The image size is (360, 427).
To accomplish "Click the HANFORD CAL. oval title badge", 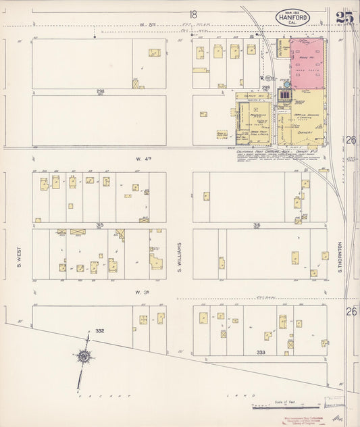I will tap(292, 18).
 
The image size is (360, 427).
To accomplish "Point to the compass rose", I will tap(84, 356).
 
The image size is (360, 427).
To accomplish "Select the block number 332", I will tap(100, 330).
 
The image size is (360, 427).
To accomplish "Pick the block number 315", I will tap(99, 225).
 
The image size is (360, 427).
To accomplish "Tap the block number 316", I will tap(257, 225).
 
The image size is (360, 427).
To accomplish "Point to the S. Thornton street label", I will tap(341, 257).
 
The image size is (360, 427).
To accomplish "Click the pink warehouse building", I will tap(307, 63).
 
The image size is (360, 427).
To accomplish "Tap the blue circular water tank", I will tap(287, 84).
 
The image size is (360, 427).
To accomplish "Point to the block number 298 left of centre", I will tap(99, 91).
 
